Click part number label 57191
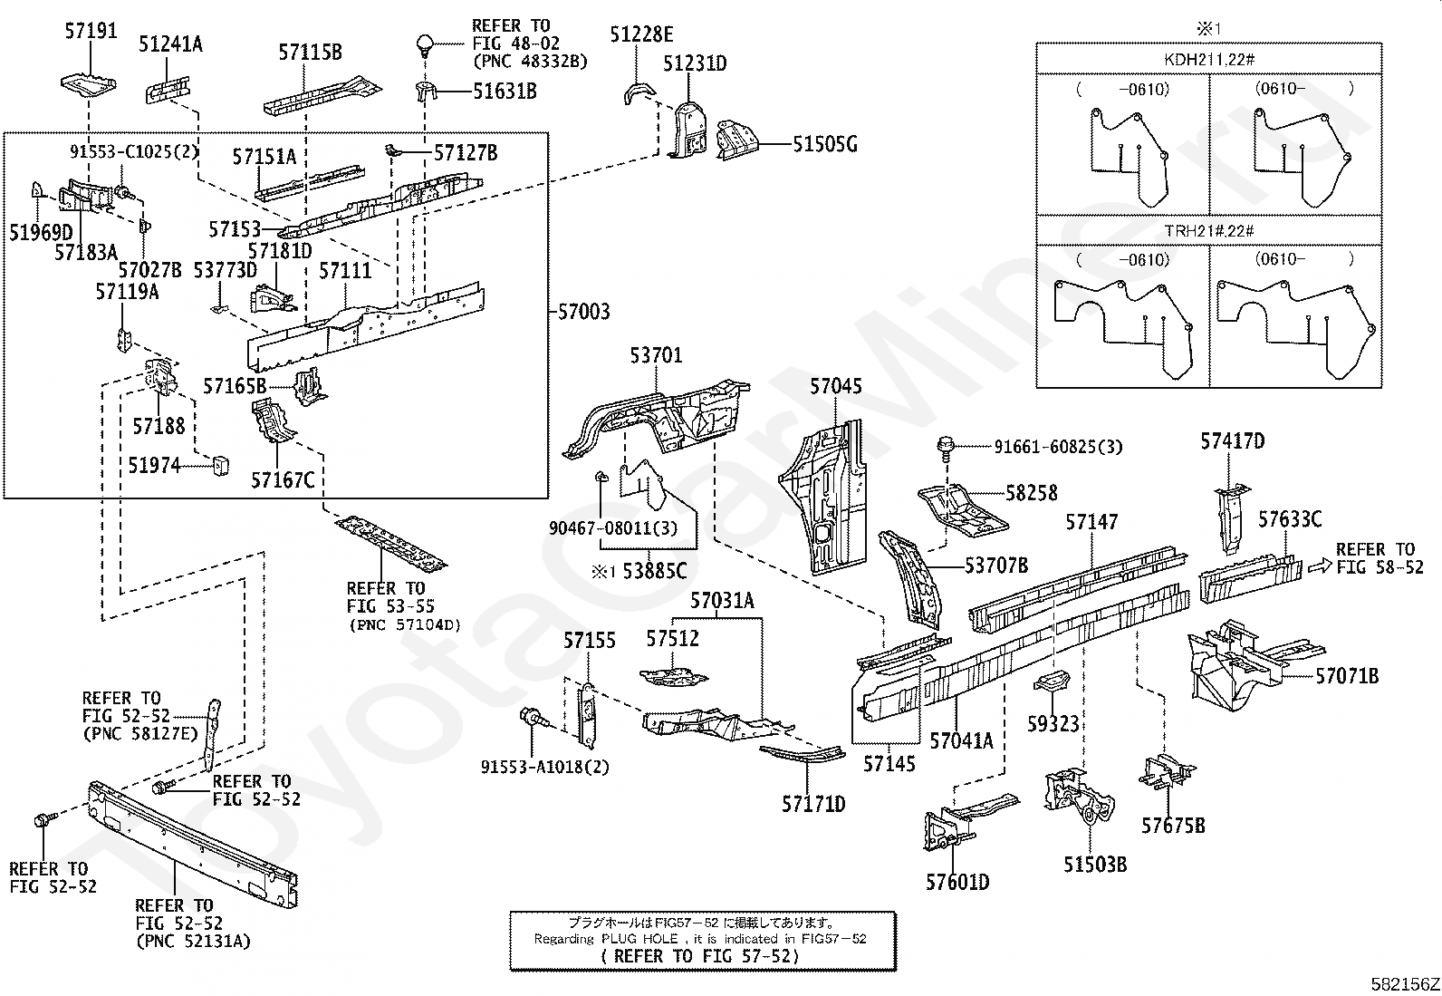[91, 30]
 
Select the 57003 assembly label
[583, 312]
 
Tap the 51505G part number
[825, 144]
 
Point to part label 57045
[836, 386]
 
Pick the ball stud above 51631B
[424, 45]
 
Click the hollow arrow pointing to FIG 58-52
[1319, 566]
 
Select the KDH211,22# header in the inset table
[1209, 60]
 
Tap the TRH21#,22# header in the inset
[1209, 230]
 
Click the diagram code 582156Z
[1405, 984]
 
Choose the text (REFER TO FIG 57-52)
[702, 956]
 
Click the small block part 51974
[220, 465]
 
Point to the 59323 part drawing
[1052, 682]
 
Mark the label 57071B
[1347, 676]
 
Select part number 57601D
[957, 882]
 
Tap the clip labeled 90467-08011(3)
[600, 477]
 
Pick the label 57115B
[311, 52]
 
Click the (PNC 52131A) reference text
[193, 942]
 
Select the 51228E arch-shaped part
[639, 92]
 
